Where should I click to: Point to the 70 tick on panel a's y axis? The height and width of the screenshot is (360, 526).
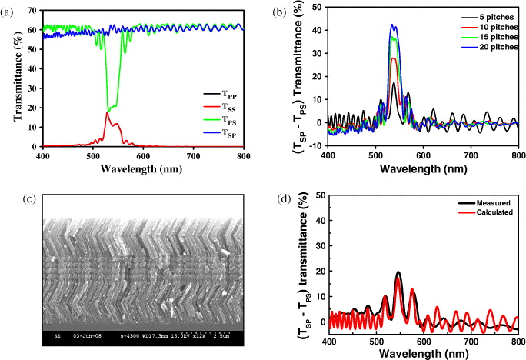(34, 8)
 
